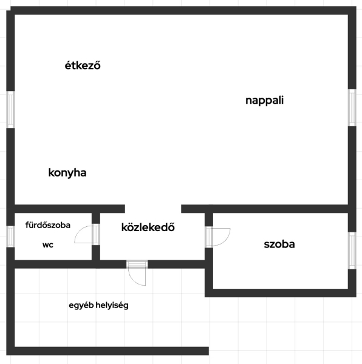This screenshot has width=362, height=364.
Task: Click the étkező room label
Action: coord(83,66)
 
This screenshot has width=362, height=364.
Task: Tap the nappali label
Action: coord(264,100)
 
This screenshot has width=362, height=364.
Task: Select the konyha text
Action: coord(67,173)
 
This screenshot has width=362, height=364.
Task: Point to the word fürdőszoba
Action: coord(47,225)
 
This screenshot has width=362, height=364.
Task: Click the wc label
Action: coord(48,244)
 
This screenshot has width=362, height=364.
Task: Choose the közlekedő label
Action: coord(148,227)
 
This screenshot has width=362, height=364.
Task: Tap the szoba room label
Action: coord(279,244)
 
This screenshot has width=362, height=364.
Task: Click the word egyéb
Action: coord(81,306)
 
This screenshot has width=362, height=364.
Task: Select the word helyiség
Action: coord(112,306)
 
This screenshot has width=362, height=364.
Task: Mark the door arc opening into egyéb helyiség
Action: coord(134,281)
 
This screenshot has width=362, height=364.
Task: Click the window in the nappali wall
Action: coord(352,108)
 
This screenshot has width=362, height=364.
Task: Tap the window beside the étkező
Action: coord(10,110)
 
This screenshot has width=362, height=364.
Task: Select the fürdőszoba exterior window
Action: coord(10,237)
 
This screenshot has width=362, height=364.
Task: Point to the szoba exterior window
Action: coord(352,251)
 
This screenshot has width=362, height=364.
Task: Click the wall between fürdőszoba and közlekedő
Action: coord(96,237)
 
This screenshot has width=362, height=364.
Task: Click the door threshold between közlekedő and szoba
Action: coord(209,237)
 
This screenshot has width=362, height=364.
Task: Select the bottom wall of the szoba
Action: coord(281,293)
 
